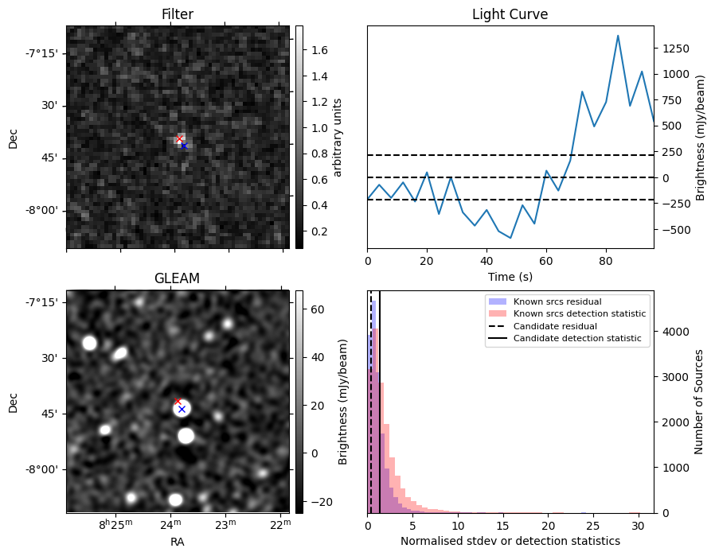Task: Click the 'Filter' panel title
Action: pos(177,14)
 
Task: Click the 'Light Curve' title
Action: pos(510,14)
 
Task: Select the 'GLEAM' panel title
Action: pos(177,278)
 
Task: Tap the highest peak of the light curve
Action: pos(618,36)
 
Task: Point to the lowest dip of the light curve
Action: pos(510,238)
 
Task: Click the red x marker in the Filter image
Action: pos(179,139)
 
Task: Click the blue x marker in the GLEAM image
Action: pos(182,409)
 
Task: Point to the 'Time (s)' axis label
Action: pos(510,277)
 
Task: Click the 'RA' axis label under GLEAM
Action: pos(177,542)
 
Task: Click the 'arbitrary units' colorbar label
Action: pos(338,137)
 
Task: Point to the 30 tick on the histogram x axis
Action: pos(637,526)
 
